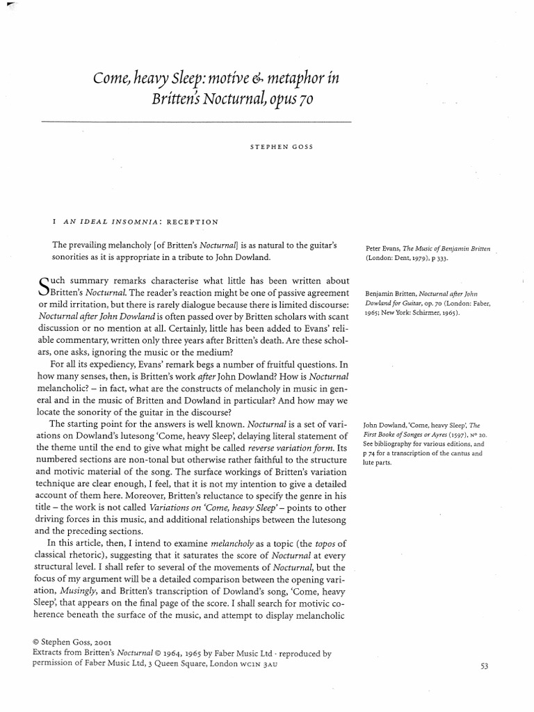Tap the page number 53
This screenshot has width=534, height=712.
[485, 666]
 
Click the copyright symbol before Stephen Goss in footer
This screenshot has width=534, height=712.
[37, 643]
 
